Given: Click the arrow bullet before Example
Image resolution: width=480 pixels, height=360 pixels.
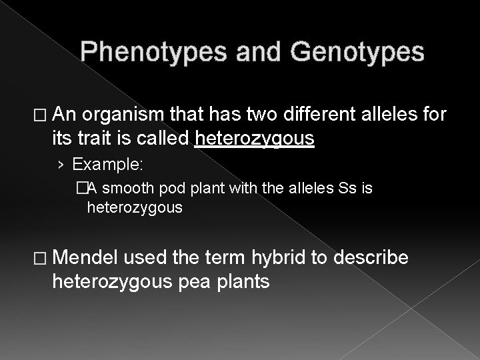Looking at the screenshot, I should coord(63,164).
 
